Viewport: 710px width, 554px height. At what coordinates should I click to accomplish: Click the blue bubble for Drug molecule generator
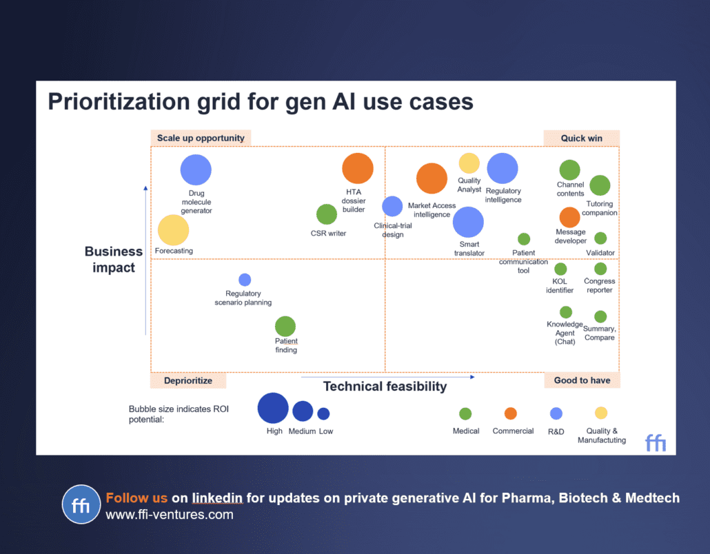pos(196,170)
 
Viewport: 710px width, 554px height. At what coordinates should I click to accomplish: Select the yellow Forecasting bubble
pos(173,230)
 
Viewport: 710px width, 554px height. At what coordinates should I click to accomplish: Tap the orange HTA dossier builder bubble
pos(358,168)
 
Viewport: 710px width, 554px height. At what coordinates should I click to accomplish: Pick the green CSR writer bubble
pos(327,214)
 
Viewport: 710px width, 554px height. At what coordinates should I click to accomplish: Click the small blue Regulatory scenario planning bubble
pos(245,280)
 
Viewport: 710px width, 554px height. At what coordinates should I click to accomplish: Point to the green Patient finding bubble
pos(285,327)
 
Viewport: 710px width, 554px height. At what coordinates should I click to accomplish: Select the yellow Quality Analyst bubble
pos(469,163)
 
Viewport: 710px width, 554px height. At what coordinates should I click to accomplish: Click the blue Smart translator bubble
pos(468,222)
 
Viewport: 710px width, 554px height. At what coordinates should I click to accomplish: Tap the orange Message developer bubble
pos(569,217)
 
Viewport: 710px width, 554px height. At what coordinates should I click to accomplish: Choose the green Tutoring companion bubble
pos(600,185)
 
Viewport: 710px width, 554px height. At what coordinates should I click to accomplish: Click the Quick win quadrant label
pos(581,138)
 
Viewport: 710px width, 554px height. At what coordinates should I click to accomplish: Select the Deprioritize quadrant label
pos(188,380)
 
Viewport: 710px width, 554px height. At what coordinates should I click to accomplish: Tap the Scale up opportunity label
pos(201,138)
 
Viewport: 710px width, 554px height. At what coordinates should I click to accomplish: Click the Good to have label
pos(582,380)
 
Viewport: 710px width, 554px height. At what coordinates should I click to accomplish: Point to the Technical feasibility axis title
pos(385,387)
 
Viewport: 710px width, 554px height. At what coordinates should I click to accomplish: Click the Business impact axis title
pos(114,260)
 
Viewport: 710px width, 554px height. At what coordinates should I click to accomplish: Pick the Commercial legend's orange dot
pos(510,413)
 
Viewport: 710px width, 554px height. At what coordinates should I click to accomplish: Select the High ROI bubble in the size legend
pos(273,408)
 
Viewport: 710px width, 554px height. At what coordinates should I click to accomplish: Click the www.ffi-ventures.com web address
pos(170,515)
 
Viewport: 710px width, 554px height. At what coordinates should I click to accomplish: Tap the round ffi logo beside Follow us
pos(81,504)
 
